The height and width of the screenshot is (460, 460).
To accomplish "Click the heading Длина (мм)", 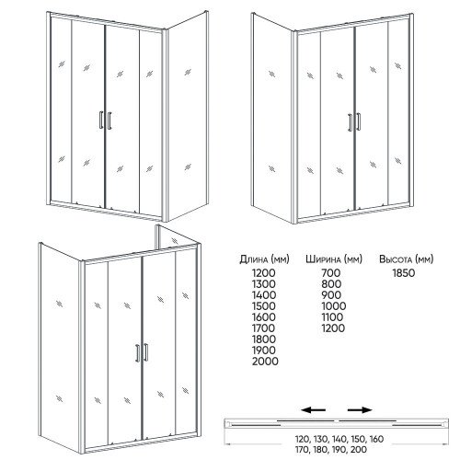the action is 264,259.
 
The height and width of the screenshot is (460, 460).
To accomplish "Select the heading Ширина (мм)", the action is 334,259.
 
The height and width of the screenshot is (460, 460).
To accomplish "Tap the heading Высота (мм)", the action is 407,259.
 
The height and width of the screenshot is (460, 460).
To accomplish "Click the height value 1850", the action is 404,273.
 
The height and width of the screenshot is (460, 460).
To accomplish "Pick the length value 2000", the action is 265,362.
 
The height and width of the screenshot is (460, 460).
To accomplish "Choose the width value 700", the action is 331,273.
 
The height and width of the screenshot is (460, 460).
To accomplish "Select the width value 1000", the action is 334,306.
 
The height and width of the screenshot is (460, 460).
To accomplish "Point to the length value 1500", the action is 264,306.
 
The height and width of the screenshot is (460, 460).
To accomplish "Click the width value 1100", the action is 332,317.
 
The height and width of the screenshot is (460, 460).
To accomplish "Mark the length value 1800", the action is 264,339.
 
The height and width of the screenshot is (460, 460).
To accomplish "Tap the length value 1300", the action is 264,284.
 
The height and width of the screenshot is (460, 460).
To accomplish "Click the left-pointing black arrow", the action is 313,409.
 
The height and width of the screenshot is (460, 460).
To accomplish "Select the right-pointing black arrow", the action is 360,409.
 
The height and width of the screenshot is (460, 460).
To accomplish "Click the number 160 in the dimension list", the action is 376,439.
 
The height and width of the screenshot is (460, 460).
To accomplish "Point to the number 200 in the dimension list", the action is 359,450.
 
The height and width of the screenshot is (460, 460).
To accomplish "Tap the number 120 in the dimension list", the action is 303,439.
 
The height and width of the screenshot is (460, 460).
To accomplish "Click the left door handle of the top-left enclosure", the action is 101,120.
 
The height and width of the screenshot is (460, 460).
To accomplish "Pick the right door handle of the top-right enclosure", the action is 359,122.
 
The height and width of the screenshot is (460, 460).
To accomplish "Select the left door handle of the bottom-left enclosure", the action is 137,353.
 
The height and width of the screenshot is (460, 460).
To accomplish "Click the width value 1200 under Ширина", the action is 333,328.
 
